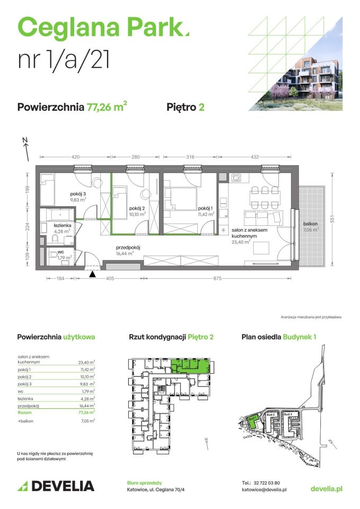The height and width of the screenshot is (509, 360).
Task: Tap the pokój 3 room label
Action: point(78,195)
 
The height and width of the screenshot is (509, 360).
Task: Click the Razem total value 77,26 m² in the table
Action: point(87,411)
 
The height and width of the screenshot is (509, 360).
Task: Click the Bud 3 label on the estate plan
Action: point(288,414)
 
